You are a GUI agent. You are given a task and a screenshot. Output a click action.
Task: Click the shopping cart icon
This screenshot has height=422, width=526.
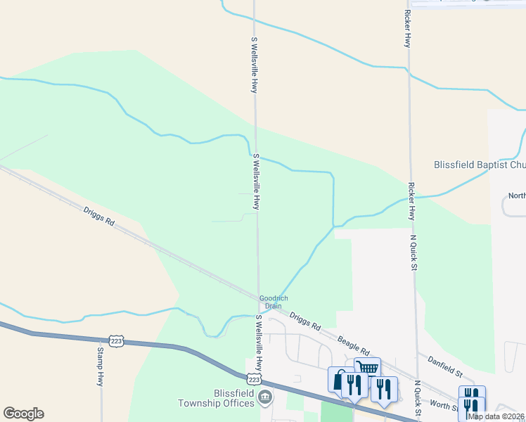[x=367, y=369]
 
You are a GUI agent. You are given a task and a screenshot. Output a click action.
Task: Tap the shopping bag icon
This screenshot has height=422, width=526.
[x=339, y=380]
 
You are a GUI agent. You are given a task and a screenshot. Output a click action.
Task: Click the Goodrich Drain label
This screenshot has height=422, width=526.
[x=274, y=302]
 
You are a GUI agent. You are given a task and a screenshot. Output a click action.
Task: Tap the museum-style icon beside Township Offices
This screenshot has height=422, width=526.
[x=264, y=399]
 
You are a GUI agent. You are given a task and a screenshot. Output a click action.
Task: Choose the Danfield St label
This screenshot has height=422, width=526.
[x=444, y=364]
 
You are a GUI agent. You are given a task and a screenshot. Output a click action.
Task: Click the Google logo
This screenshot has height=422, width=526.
[x=23, y=414]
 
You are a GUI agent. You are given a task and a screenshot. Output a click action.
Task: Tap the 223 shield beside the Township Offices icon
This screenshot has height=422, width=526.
[x=254, y=378]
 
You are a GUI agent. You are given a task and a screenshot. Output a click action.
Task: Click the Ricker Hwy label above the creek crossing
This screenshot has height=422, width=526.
[x=407, y=28]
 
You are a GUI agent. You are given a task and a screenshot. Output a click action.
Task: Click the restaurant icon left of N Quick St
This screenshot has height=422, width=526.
[x=384, y=388]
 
